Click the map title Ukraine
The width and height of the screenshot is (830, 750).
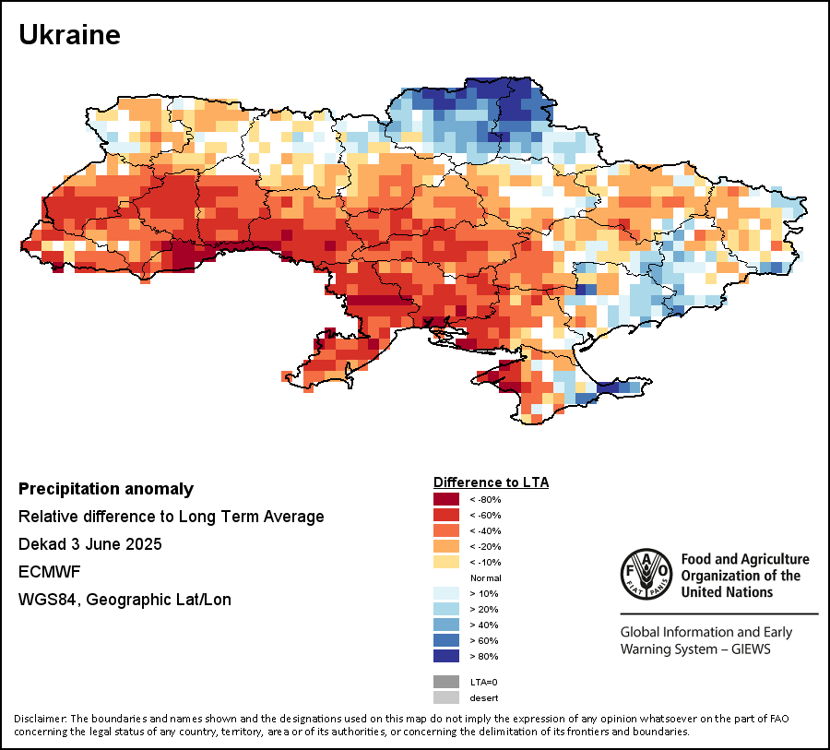click(x=70, y=35)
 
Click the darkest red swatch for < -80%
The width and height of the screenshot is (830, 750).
click(x=446, y=499)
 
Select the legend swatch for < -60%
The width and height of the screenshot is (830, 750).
click(x=446, y=515)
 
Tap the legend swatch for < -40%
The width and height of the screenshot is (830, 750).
click(x=446, y=530)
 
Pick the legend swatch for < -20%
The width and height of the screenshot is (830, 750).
click(x=446, y=546)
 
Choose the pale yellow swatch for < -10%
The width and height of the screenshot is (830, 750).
click(x=446, y=562)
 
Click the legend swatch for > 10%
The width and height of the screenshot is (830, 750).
click(x=446, y=593)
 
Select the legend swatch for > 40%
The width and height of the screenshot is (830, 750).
click(x=446, y=625)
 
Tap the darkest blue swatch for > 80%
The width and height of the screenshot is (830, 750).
click(x=446, y=656)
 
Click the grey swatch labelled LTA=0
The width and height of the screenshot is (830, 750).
click(x=446, y=682)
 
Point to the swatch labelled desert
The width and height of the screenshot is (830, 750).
click(x=446, y=697)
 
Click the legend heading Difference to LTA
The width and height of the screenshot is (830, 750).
click(x=491, y=482)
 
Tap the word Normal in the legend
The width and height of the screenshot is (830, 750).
click(x=485, y=578)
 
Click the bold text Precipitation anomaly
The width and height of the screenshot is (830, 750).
click(x=106, y=489)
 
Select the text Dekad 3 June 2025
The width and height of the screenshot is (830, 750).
click(x=90, y=544)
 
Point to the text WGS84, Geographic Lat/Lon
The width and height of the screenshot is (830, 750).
click(x=125, y=600)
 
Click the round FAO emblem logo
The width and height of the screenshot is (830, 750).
click(x=646, y=574)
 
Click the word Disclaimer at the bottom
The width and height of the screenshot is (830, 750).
click(x=40, y=719)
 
